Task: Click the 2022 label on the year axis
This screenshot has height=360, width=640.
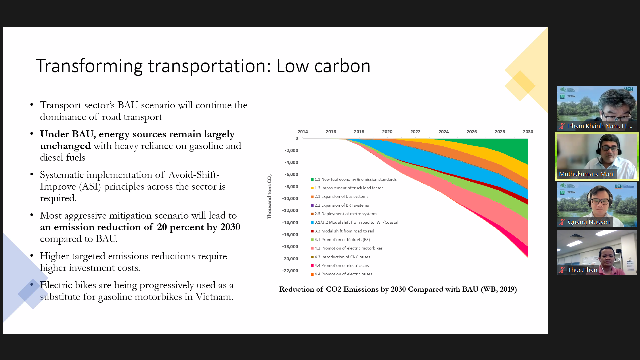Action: click(415, 132)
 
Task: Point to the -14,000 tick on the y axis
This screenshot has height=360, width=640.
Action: click(290, 223)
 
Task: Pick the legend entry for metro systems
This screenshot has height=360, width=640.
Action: click(346, 214)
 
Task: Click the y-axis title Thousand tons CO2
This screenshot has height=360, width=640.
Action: click(270, 196)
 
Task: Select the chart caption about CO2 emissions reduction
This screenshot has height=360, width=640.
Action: click(398, 289)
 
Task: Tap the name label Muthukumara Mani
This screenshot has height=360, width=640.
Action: click(586, 174)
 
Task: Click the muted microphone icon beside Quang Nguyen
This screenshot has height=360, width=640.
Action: click(562, 222)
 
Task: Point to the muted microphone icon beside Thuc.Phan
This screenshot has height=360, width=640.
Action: click(562, 270)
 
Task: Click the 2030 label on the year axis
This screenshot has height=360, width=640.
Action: click(528, 132)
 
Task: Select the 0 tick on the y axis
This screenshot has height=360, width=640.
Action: click(297, 138)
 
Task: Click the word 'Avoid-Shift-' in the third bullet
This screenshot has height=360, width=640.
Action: click(194, 175)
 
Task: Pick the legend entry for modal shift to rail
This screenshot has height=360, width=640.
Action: click(344, 231)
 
